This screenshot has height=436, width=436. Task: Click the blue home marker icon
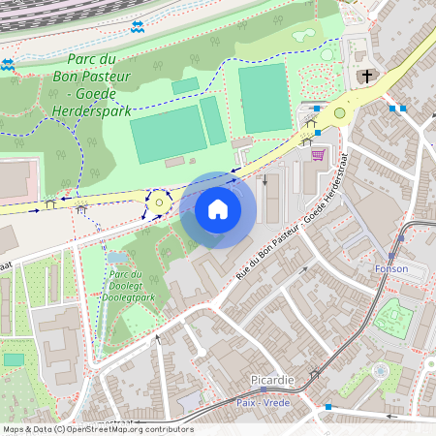pos(218,209)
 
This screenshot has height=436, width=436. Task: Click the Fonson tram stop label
pos(391,268)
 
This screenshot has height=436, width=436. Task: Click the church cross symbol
pos(365,77)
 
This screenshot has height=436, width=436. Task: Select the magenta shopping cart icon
pos(317,154)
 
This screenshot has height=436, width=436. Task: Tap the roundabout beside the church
pos(339,113)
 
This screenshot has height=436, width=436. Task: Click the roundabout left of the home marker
pos(159,203)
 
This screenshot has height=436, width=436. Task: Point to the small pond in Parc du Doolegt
pos(116,258)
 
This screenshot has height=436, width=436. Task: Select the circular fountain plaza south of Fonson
pos(380,370)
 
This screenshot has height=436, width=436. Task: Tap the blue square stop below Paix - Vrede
pos(328,407)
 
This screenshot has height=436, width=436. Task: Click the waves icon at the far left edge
pos(8,64)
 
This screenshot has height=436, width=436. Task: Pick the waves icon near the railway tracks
pos(137,26)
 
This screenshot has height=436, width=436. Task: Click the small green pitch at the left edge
pos(13,359)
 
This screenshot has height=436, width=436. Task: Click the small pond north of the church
pos(304,36)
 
